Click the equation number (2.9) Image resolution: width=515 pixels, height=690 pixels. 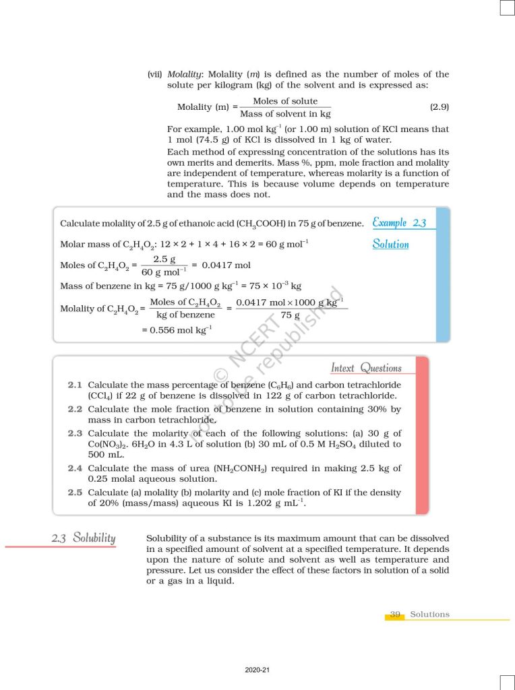click(439, 107)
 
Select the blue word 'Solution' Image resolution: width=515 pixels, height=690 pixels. click(390, 244)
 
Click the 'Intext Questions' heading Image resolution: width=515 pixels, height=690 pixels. click(366, 368)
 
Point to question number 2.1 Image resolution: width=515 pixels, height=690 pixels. click(75, 385)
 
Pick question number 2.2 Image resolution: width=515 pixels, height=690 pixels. click(75, 409)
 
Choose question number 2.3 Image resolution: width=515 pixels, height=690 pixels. click(75, 433)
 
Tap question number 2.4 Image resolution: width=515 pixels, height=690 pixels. click(75, 468)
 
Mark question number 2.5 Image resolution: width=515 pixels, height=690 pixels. click(75, 493)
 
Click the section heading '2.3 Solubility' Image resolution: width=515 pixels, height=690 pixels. click(84, 538)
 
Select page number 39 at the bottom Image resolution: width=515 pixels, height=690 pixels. click(395, 615)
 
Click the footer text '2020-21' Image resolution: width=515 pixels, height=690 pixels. click(257, 670)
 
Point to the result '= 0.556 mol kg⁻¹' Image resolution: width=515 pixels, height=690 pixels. click(177, 330)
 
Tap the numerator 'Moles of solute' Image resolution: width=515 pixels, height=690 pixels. click(285, 101)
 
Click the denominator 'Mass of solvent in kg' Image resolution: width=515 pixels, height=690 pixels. click(285, 114)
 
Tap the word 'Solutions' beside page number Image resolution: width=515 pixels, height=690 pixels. click(429, 615)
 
